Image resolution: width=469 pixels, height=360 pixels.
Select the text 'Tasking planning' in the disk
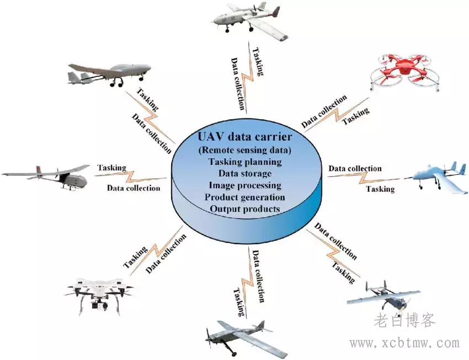[x=245, y=162]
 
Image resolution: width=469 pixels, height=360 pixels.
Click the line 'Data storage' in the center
[x=245, y=174]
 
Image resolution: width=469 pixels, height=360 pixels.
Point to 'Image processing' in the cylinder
[x=245, y=185]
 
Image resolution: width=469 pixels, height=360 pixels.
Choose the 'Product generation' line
[x=245, y=197]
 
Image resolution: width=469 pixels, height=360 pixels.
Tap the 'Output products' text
[x=245, y=209]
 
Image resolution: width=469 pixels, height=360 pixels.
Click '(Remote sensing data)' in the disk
[x=245, y=150]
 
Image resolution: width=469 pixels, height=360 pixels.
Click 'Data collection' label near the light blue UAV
[x=355, y=168]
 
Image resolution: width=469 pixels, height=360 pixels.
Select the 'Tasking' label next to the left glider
[x=112, y=168]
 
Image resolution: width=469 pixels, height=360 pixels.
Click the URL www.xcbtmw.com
[x=404, y=343]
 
